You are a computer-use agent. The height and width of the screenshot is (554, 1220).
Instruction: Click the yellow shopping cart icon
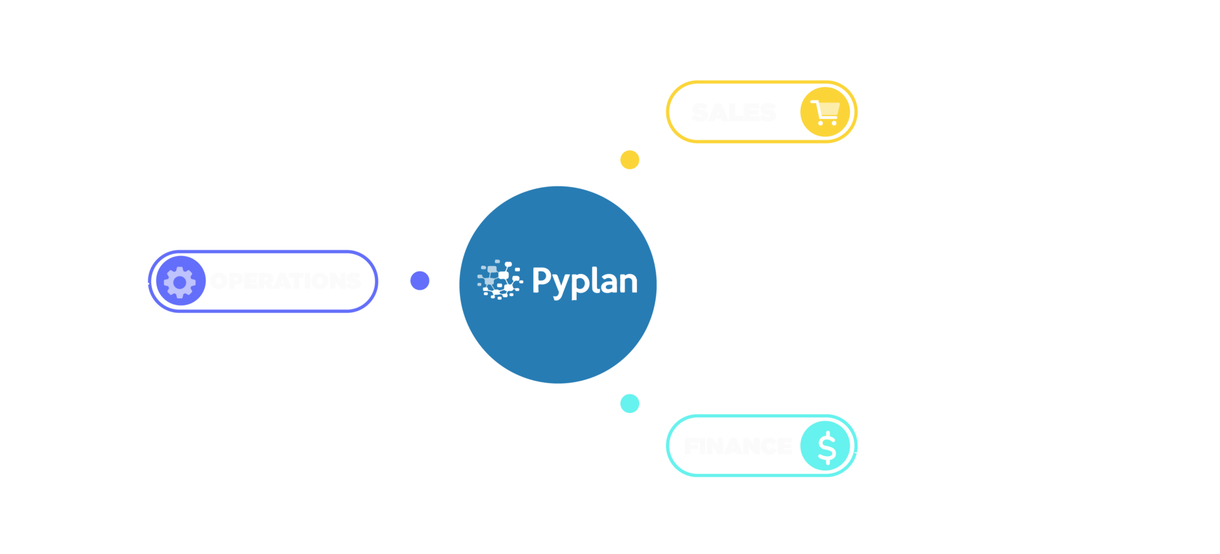(x=824, y=112)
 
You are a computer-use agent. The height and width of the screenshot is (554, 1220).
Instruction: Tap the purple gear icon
(x=180, y=281)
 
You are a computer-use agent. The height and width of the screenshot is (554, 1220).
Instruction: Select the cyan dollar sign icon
(x=826, y=446)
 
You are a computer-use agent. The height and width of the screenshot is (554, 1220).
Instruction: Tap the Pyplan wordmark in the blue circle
(x=584, y=282)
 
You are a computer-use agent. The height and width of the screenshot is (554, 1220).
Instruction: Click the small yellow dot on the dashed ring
(x=630, y=160)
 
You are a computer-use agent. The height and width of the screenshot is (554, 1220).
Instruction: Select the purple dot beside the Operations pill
(x=420, y=281)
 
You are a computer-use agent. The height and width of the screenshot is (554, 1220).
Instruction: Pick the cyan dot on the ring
(x=630, y=403)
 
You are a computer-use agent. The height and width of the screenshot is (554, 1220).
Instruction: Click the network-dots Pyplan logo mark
(x=499, y=279)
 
